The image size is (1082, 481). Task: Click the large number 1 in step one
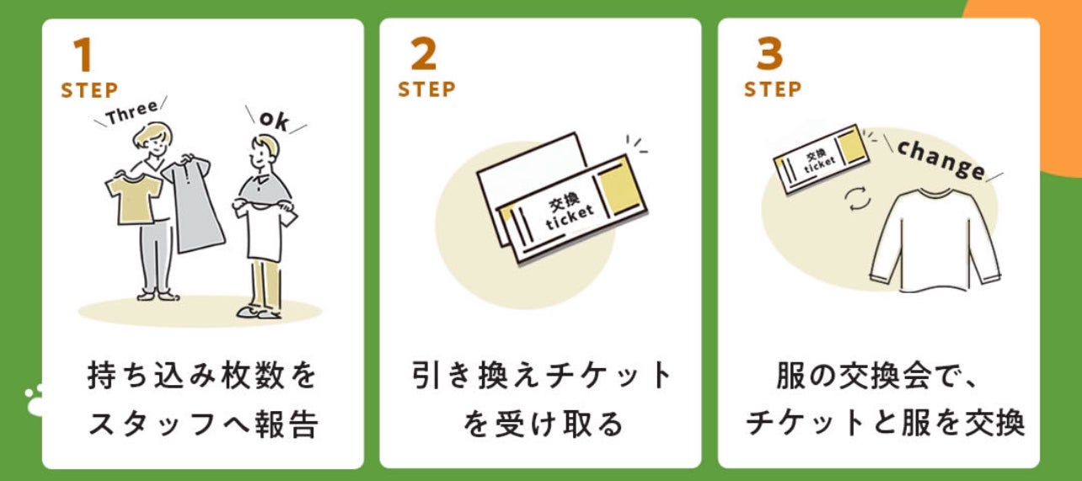click(x=82, y=56)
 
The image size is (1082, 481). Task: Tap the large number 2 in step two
click(x=424, y=56)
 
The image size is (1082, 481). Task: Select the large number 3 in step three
click(x=769, y=56)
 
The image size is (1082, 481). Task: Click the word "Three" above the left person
click(x=131, y=113)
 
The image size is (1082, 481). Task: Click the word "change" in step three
click(x=940, y=159)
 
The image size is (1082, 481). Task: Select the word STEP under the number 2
click(x=426, y=89)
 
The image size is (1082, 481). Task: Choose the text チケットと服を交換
click(x=885, y=424)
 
